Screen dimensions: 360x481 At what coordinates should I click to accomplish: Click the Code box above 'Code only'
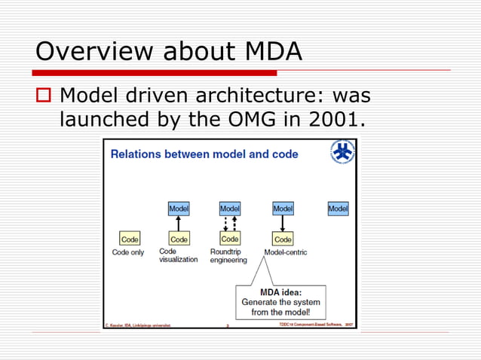pyautogui.click(x=130, y=239)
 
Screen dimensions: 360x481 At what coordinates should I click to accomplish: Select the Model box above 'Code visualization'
pyautogui.click(x=179, y=209)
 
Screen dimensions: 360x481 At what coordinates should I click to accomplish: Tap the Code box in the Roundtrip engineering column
pyautogui.click(x=230, y=239)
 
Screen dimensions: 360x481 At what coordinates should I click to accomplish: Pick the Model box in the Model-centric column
pyautogui.click(x=283, y=209)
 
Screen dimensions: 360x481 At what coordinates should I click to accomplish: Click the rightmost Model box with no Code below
pyautogui.click(x=338, y=209)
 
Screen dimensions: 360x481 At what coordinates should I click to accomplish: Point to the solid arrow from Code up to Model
pyautogui.click(x=179, y=224)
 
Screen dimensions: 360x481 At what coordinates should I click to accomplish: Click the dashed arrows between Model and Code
pyautogui.click(x=230, y=224)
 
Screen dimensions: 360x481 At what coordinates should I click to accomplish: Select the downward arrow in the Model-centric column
pyautogui.click(x=283, y=224)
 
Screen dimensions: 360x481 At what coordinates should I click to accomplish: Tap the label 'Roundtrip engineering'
pyautogui.click(x=228, y=256)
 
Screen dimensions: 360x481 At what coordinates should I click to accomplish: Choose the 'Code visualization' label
pyautogui.click(x=178, y=255)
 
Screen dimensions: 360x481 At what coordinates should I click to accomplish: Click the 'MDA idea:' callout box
pyautogui.click(x=280, y=302)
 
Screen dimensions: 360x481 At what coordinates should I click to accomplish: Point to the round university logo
pyautogui.click(x=343, y=152)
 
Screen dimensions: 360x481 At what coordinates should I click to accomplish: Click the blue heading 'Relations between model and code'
pyautogui.click(x=204, y=154)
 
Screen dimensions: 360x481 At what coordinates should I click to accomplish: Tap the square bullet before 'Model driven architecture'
pyautogui.click(x=44, y=96)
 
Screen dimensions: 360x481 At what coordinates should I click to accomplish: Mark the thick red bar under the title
pyautogui.click(x=155, y=73)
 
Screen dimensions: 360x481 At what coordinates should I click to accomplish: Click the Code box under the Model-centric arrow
pyautogui.click(x=283, y=239)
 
